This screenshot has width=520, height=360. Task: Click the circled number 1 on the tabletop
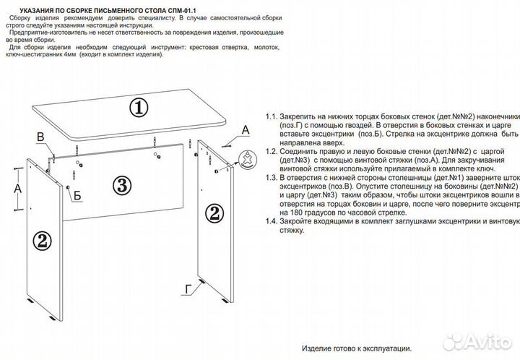point(138,108)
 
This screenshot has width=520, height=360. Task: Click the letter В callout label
point(41,137)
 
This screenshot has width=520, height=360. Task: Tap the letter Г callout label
point(187,289)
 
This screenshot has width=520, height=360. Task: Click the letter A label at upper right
point(245,130)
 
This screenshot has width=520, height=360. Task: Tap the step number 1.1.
point(272,116)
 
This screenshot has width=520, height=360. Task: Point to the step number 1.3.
point(272,176)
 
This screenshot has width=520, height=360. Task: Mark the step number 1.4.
point(272,220)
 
